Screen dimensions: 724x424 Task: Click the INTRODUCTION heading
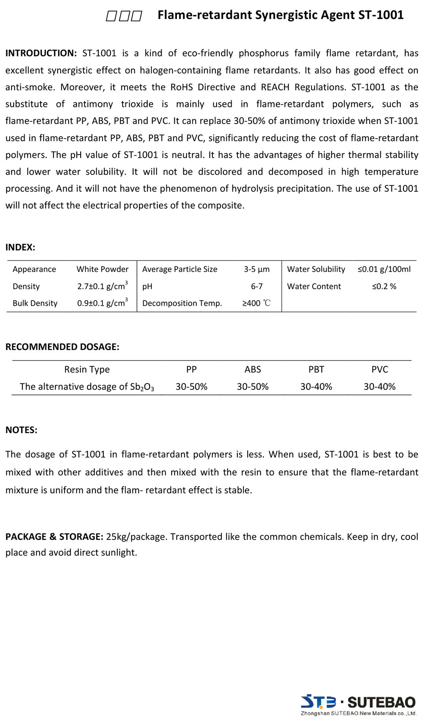[x=41, y=53]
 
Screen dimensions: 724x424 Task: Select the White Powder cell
[x=102, y=269]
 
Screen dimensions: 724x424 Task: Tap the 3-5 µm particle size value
[x=257, y=269]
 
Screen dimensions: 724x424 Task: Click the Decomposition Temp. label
[x=182, y=303]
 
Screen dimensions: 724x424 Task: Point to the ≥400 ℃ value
[x=256, y=303]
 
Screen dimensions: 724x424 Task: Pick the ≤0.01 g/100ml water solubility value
[x=384, y=269]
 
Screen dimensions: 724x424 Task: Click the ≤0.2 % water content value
[x=384, y=286]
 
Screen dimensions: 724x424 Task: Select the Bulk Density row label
[x=35, y=303]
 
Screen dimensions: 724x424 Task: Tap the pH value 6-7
[x=257, y=286]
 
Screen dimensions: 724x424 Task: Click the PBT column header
[x=316, y=369]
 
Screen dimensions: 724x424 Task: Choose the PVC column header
[x=379, y=369]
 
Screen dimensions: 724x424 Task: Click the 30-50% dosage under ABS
[x=253, y=386]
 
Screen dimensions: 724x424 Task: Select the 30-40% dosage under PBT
[x=316, y=386]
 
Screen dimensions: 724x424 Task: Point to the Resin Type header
[x=87, y=369]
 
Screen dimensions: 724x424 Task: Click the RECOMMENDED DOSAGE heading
[x=62, y=347]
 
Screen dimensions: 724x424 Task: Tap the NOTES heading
[x=21, y=430]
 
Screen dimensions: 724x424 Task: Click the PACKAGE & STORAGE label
[x=54, y=537]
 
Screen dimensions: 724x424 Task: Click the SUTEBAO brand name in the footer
[x=381, y=702]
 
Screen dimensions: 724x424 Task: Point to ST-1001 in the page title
[x=381, y=15]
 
